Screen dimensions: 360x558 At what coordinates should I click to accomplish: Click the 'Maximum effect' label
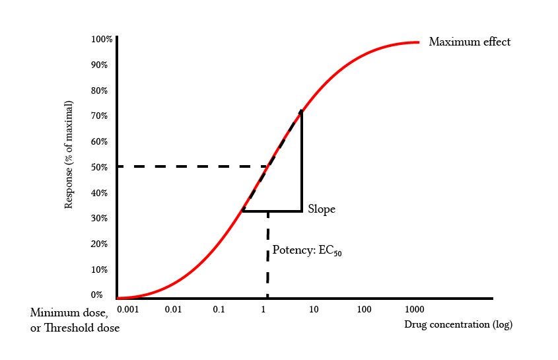tap(470, 42)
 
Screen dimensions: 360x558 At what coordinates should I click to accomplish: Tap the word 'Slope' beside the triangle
tap(322, 209)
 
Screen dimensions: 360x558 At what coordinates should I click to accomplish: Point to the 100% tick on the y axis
tap(102, 40)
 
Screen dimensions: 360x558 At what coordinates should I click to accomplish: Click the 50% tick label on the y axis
tap(99, 168)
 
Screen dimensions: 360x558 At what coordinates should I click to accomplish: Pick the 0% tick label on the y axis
tap(97, 295)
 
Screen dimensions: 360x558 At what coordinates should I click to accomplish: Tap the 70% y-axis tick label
tap(99, 116)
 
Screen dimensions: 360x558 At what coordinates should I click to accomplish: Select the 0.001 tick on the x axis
tap(128, 309)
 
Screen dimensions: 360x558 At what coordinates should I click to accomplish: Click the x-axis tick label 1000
tap(415, 309)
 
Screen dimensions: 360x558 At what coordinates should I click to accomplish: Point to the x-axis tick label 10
tap(314, 309)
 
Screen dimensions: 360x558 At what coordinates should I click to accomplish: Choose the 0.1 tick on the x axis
tap(219, 309)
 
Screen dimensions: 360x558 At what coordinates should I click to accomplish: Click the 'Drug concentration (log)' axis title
tap(458, 324)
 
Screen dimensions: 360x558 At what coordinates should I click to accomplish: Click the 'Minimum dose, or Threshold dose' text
tap(75, 320)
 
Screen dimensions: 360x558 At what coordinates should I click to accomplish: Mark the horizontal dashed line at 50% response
tap(192, 166)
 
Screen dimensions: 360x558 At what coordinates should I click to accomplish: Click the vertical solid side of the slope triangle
tap(302, 162)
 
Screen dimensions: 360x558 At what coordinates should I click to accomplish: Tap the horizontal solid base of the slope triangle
tap(272, 211)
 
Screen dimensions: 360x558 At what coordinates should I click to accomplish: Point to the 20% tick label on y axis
tap(99, 244)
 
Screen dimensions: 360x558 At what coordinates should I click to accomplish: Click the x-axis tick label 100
tap(364, 309)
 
